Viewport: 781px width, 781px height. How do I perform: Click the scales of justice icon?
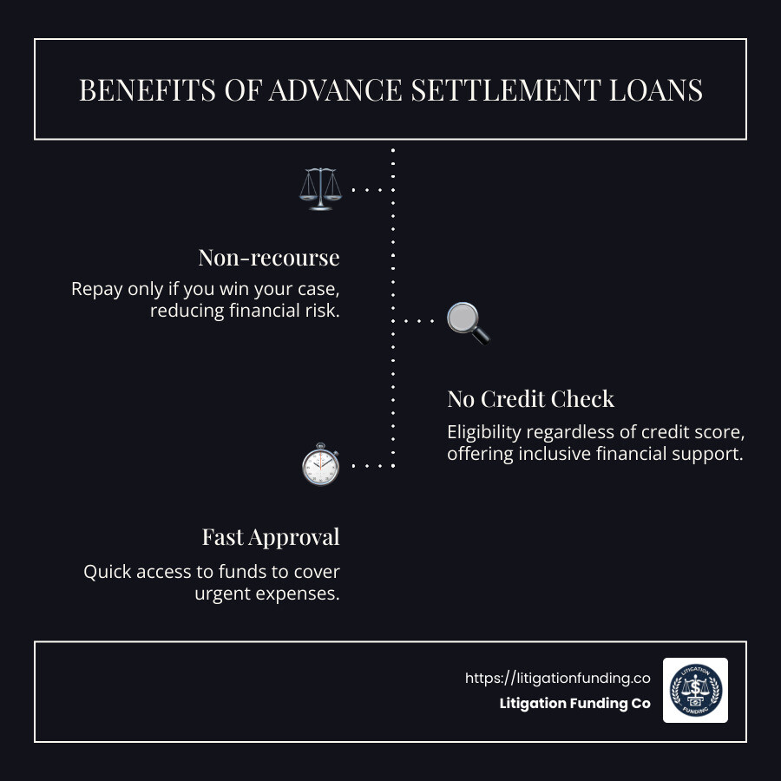[320, 188]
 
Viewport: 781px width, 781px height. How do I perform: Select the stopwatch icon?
[320, 466]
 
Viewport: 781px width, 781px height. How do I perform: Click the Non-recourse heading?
[269, 258]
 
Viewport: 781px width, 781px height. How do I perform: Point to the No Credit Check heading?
[530, 399]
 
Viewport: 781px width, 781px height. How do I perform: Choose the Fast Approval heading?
[271, 537]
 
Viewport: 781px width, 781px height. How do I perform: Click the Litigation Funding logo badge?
[695, 690]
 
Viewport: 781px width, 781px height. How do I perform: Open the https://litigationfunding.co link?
[557, 679]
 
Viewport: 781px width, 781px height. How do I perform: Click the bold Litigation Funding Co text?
[574, 704]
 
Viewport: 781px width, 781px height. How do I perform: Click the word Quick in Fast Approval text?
[107, 573]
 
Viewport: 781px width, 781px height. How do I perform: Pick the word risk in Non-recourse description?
[324, 311]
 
